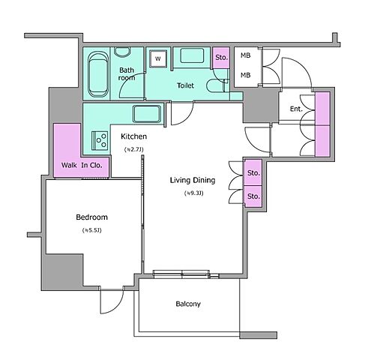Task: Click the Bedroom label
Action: click(91, 217)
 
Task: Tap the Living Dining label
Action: click(193, 180)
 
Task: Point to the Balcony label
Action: click(188, 304)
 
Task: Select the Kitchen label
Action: click(133, 136)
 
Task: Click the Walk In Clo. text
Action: click(82, 165)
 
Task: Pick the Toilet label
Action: click(185, 85)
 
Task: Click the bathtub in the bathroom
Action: click(98, 74)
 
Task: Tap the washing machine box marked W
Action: click(158, 58)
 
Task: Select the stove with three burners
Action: click(100, 141)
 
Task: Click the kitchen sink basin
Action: click(147, 114)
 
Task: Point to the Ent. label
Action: click(296, 109)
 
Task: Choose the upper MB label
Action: click(245, 55)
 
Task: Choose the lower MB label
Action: click(245, 75)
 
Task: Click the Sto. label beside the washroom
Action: click(221, 58)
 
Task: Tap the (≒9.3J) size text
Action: click(193, 193)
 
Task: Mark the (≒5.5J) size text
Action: click(91, 230)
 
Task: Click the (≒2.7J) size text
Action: click(133, 149)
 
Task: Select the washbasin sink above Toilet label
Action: click(192, 55)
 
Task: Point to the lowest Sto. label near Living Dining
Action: click(253, 196)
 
